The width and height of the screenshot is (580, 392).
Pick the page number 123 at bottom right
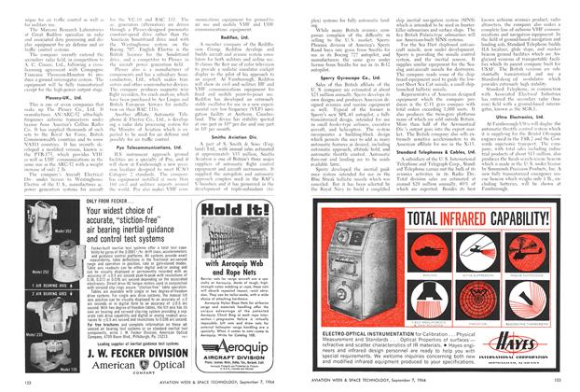[x=568, y=384]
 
